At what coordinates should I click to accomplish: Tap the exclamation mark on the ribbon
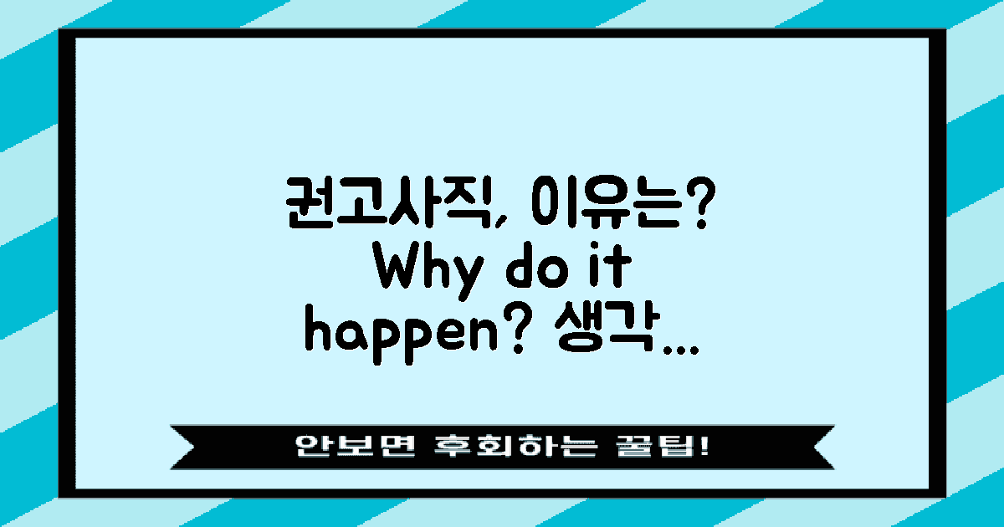pyautogui.click(x=701, y=446)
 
